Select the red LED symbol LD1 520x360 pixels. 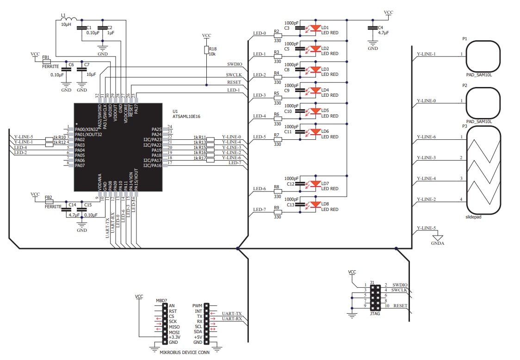(316, 28)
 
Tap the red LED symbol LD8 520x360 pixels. (316, 204)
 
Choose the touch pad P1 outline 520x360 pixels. (483, 56)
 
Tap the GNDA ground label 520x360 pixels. (437, 243)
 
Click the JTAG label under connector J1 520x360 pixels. (375, 312)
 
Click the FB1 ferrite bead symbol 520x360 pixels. (46, 61)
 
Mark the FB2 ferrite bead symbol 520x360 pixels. (48, 201)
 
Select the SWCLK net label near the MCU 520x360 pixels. (234, 74)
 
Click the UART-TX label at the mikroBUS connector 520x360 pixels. (232, 314)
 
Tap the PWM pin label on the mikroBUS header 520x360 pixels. (197, 306)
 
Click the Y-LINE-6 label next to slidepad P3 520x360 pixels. (426, 137)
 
